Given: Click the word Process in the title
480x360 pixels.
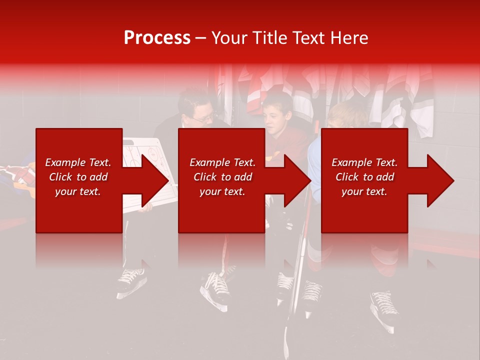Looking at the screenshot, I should pos(157,37).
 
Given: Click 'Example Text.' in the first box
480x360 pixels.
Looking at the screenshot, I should pos(78,162).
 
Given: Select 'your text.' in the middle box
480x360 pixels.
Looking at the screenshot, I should pos(222,191).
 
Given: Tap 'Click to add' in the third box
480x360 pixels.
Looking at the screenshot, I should pos(364,177).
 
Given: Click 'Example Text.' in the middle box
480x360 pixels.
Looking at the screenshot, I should pos(222,162).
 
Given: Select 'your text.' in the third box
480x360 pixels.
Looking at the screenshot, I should pos(364,191).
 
